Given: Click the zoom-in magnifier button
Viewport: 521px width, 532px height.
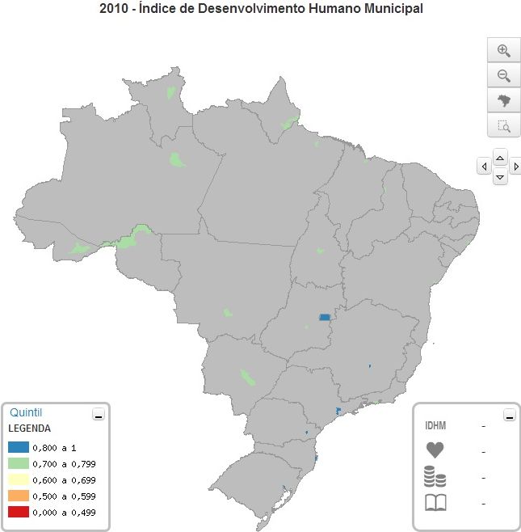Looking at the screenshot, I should pos(503,50).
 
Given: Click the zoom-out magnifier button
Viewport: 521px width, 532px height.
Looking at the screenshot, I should pos(503,76).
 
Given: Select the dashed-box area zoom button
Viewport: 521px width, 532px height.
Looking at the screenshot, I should pos(503,126).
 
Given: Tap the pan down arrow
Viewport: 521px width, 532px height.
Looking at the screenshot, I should pos(500,176).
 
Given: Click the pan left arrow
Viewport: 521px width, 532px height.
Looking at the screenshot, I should pos(484,167).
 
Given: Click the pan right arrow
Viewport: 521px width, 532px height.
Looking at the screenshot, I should pos(515,167).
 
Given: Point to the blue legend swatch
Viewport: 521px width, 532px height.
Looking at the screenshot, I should pos(19,447).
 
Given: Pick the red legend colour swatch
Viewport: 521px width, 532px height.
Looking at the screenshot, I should pos(19,512).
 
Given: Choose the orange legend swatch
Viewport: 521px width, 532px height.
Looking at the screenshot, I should pos(19,496).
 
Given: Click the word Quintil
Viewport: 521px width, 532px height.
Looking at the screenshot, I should pos(26,412).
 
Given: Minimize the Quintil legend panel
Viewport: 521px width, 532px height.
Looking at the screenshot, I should pos(99,415).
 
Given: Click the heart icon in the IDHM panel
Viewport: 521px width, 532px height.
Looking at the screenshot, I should pos(435,451).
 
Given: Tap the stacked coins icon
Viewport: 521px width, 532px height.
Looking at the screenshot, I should pos(435,477).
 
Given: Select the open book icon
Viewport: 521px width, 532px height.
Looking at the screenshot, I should pos(435,503).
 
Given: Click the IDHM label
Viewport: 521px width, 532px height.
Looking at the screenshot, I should pos(435,426).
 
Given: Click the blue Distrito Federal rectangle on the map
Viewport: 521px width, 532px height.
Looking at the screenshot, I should pos(326,318).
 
